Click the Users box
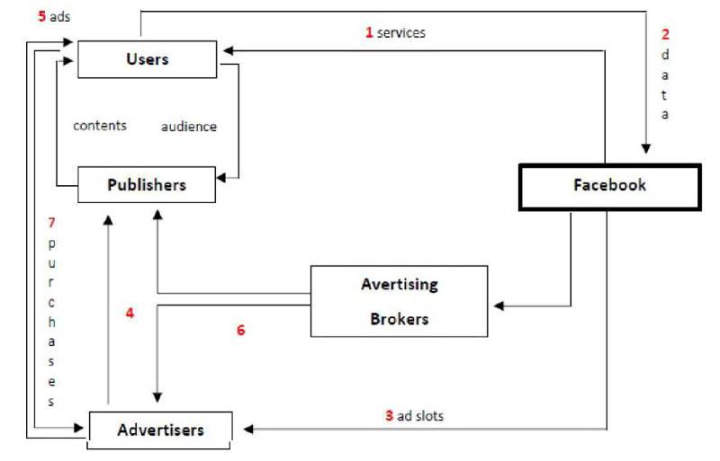tap(147, 59)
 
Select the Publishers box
tap(147, 185)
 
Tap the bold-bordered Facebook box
tap(609, 186)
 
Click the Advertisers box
tap(160, 430)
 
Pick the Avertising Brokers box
tap(399, 301)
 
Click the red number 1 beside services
tap(369, 32)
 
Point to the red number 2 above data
tap(665, 35)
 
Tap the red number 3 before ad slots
tap(389, 416)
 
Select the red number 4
tap(130, 314)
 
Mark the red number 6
tap(240, 330)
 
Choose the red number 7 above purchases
tap(51, 222)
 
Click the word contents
tap(99, 126)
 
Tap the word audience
tap(189, 127)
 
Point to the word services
tap(401, 32)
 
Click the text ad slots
tap(420, 416)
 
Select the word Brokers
tap(399, 318)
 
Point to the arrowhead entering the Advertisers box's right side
tap(238, 430)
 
